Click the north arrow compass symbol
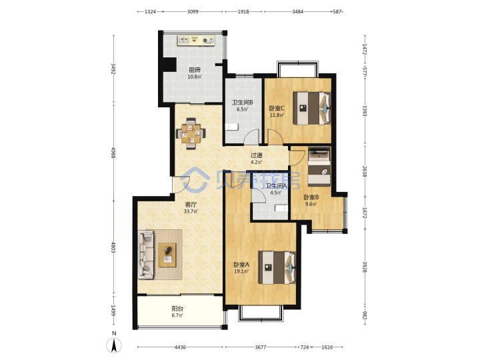pos(114,346)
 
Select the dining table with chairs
pos(191,134)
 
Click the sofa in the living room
pos(146,255)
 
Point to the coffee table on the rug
pos(167,255)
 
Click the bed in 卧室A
pos(277,267)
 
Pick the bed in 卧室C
pos(312,108)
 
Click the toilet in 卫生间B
pos(232,127)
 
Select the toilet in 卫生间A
pos(281,208)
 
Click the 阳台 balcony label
pos(177,309)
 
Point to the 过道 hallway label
pos(257,155)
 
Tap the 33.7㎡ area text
pos(191,211)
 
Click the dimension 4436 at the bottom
pos(180,347)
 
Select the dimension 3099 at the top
pos(193,11)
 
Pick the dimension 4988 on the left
pos(113,153)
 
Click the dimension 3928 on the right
pos(365,267)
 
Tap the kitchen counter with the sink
pos(196,40)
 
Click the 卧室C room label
pos(277,108)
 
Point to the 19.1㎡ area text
pos(241,271)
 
